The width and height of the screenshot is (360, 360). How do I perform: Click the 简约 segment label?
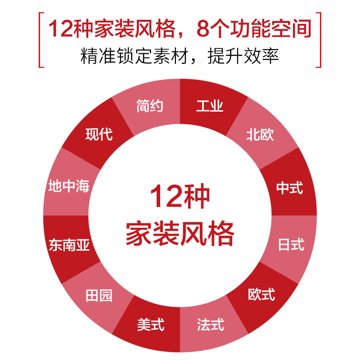click(149, 107)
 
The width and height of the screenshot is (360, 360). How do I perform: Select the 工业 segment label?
click(210, 107)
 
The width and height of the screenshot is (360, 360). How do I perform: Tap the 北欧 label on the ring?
click(260, 135)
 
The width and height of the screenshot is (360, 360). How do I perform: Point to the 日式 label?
click(291, 245)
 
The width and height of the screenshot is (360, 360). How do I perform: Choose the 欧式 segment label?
click(261, 295)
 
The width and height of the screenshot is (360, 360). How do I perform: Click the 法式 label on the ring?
click(210, 324)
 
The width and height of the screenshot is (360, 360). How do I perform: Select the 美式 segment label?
click(151, 324)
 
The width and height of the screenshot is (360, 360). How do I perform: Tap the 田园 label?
click(99, 296)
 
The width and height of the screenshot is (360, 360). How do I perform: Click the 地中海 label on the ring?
click(69, 186)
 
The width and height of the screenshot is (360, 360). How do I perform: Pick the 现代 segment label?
click(99, 134)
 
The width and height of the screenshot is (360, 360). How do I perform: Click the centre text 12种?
click(180, 197)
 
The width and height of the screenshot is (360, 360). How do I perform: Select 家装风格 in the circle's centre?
click(180, 234)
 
